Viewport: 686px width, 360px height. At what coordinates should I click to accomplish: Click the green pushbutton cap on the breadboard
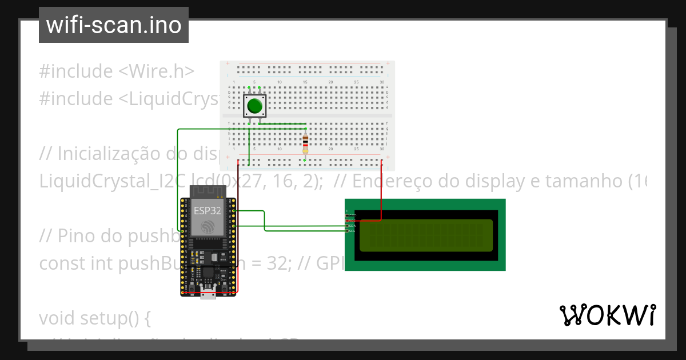pyautogui.click(x=254, y=106)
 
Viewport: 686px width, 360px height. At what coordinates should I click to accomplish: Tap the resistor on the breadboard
pyautogui.click(x=305, y=143)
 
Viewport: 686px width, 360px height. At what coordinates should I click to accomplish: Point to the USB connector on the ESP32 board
pyautogui.click(x=208, y=294)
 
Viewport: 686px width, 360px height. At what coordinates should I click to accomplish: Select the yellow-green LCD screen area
pyautogui.click(x=426, y=235)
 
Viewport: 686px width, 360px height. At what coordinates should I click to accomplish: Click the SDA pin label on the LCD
pyautogui.click(x=352, y=226)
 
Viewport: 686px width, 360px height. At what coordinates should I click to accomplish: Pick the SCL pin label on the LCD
pyautogui.click(x=352, y=231)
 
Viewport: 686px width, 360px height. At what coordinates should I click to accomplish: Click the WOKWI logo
pyautogui.click(x=607, y=315)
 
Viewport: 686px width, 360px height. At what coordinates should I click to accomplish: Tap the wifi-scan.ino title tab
pyautogui.click(x=113, y=25)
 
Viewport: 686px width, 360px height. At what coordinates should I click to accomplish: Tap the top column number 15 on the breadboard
pyautogui.click(x=305, y=82)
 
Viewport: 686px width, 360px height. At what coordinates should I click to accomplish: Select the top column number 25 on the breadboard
pyautogui.click(x=356, y=82)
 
